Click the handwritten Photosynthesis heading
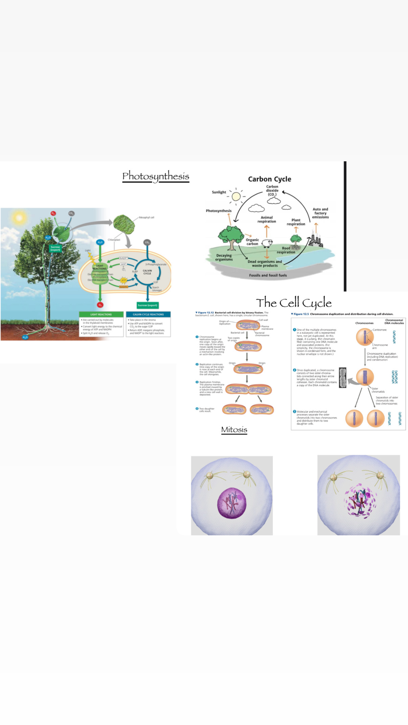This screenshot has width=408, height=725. (x=156, y=176)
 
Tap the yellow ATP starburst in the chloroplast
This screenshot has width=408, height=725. (x=124, y=280)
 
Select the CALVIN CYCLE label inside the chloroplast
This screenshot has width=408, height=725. (x=147, y=272)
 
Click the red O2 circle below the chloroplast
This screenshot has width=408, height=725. (x=100, y=305)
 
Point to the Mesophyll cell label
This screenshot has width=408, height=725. (x=146, y=217)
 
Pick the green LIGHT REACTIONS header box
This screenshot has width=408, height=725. (x=101, y=314)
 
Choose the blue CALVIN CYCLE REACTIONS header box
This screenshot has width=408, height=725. (x=148, y=314)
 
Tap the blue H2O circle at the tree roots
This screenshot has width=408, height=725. (x=25, y=337)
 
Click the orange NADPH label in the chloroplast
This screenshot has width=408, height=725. (x=123, y=287)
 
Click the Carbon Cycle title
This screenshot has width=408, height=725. (x=269, y=179)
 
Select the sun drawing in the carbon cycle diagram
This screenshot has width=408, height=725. (x=236, y=196)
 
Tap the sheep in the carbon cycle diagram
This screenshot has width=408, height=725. (x=267, y=243)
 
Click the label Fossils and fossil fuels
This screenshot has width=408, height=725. (x=268, y=275)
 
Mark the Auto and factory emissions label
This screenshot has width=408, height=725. (x=320, y=213)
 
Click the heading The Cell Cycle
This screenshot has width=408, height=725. (x=293, y=302)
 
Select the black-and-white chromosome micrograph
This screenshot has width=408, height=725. (x=343, y=377)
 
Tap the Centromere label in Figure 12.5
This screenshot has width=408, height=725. (x=380, y=330)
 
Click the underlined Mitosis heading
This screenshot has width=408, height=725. (x=234, y=429)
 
